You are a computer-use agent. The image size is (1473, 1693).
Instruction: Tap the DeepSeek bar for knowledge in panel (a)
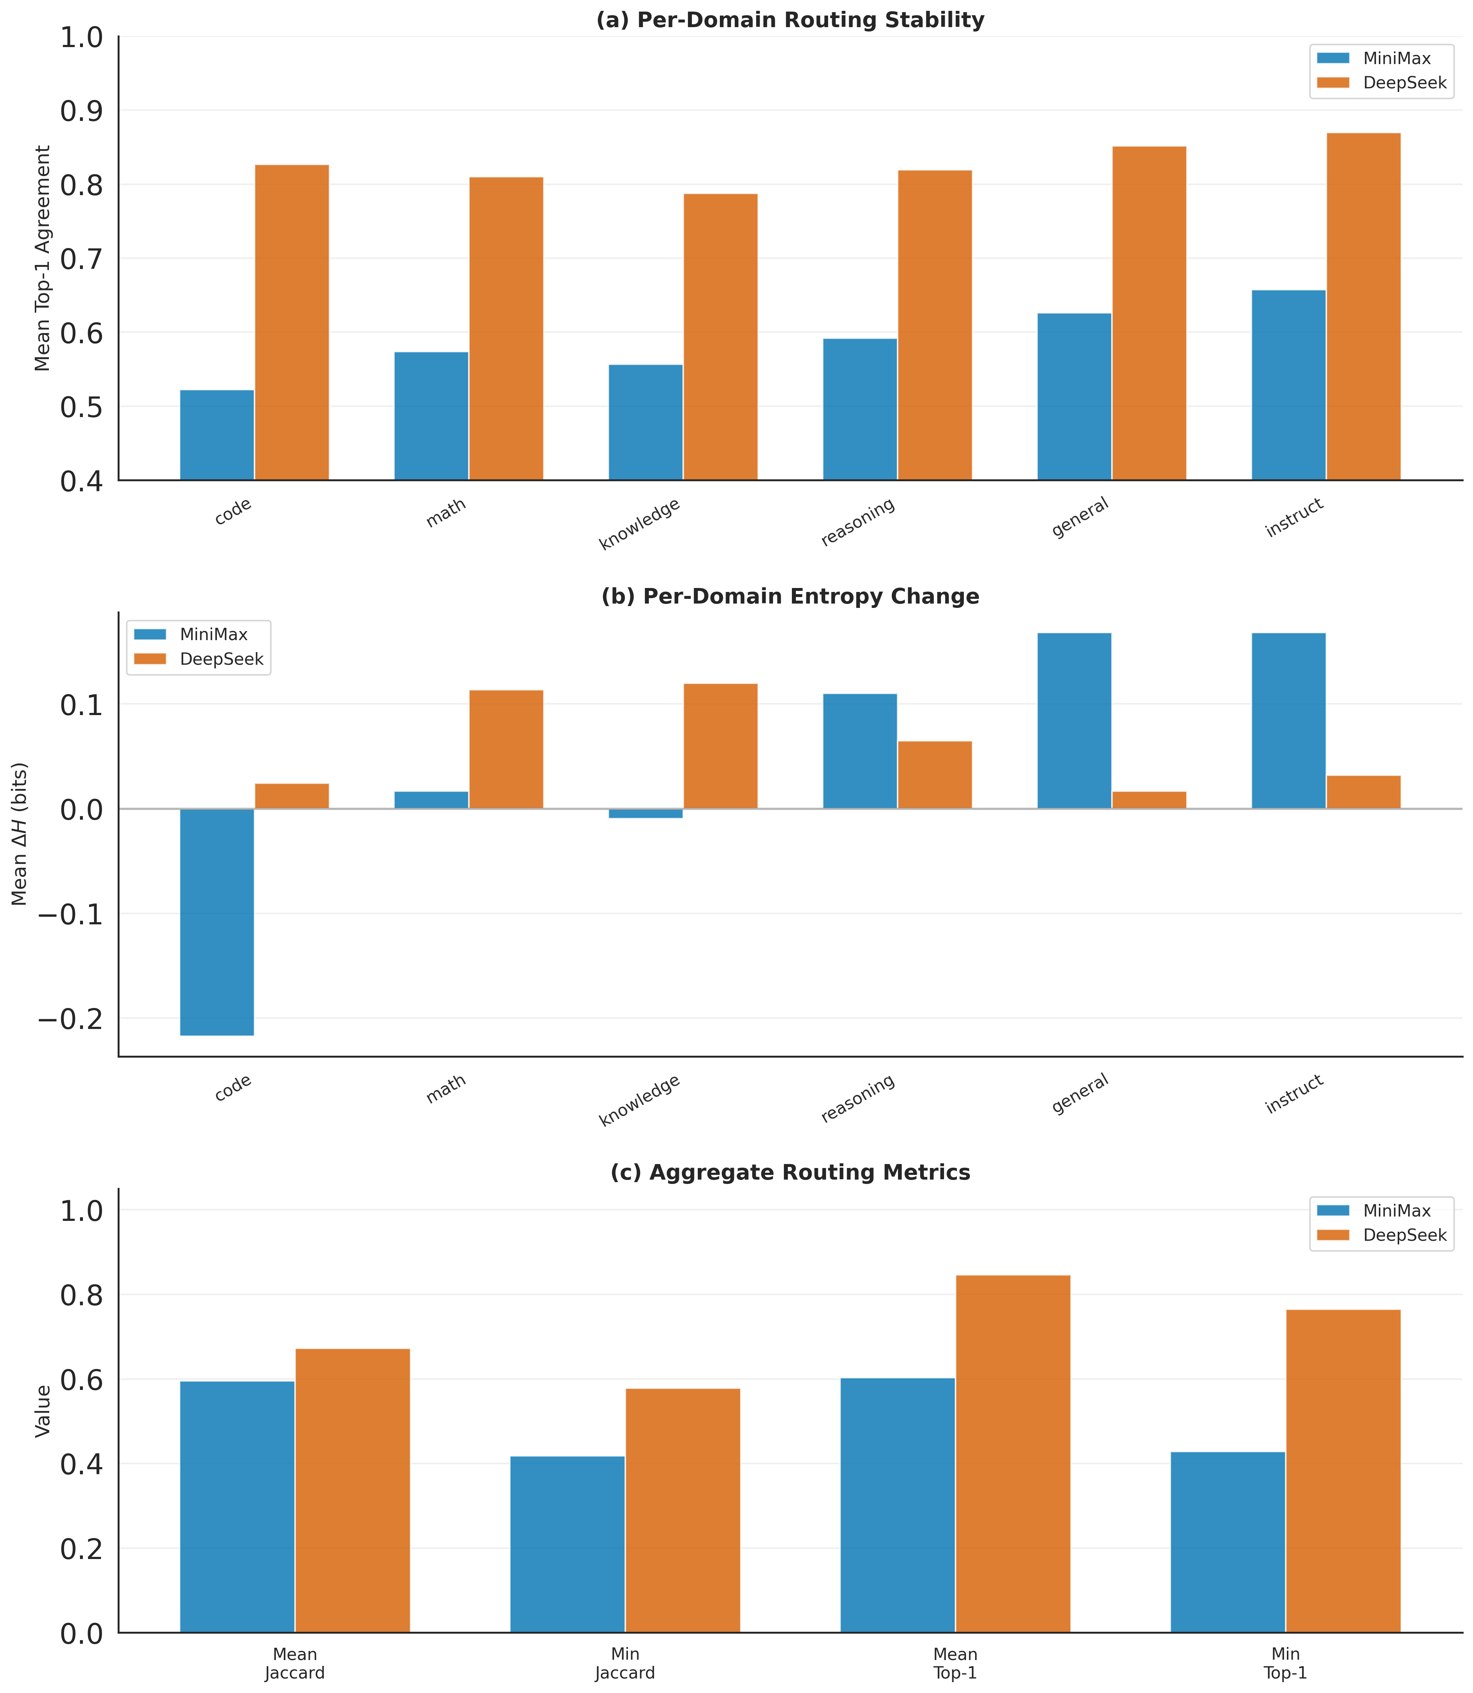pos(720,337)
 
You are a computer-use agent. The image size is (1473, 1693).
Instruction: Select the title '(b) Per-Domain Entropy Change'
pos(790,597)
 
